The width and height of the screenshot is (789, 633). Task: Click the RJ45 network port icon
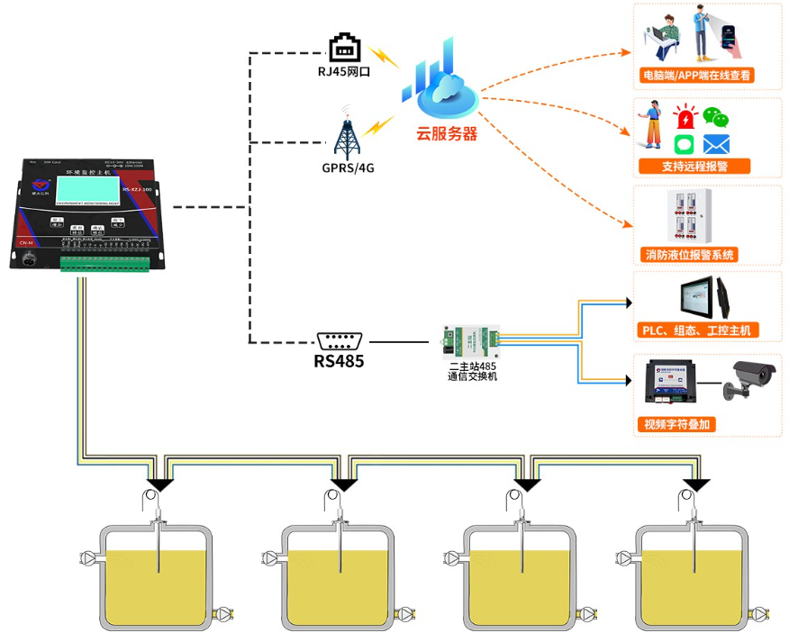pos(346,48)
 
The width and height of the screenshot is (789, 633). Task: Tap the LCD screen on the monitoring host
pos(86,186)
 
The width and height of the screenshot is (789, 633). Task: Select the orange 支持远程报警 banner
pos(694,167)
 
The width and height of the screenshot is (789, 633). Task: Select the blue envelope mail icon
pos(716,144)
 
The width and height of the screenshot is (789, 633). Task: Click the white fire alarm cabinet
pos(689,215)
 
